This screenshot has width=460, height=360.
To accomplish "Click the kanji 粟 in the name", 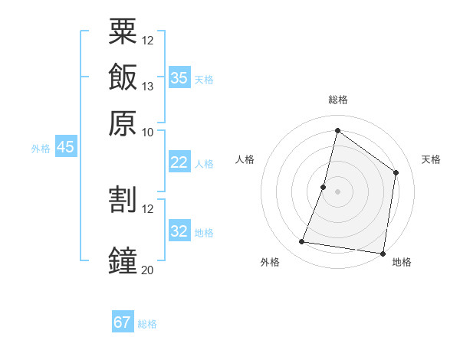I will click(x=123, y=31).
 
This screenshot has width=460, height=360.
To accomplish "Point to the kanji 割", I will click(x=123, y=199).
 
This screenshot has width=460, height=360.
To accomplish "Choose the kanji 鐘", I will click(x=123, y=260).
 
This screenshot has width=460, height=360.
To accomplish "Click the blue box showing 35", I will click(x=179, y=78).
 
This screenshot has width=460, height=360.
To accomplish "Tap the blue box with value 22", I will click(x=179, y=162).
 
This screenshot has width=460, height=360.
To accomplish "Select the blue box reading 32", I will click(x=179, y=231).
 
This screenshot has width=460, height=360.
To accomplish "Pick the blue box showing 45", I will click(x=65, y=148).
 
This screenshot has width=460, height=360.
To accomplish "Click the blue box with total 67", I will click(x=123, y=322).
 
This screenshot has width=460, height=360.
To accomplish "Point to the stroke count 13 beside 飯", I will click(x=148, y=86).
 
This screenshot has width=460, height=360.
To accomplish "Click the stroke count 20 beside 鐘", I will click(x=148, y=270).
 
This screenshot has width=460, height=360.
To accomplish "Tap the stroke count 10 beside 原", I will click(x=148, y=132).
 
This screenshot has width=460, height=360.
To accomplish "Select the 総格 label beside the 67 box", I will click(x=148, y=324).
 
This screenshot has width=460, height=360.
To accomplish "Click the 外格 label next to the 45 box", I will click(x=41, y=149).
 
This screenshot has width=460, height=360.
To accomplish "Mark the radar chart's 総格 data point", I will click(x=337, y=130).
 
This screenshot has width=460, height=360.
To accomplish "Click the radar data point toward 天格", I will click(x=396, y=172).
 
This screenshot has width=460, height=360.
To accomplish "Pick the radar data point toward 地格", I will click(x=382, y=253).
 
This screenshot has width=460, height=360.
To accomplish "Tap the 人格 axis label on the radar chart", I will click(x=245, y=159).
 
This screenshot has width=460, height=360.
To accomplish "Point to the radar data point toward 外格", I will click(x=302, y=242).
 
